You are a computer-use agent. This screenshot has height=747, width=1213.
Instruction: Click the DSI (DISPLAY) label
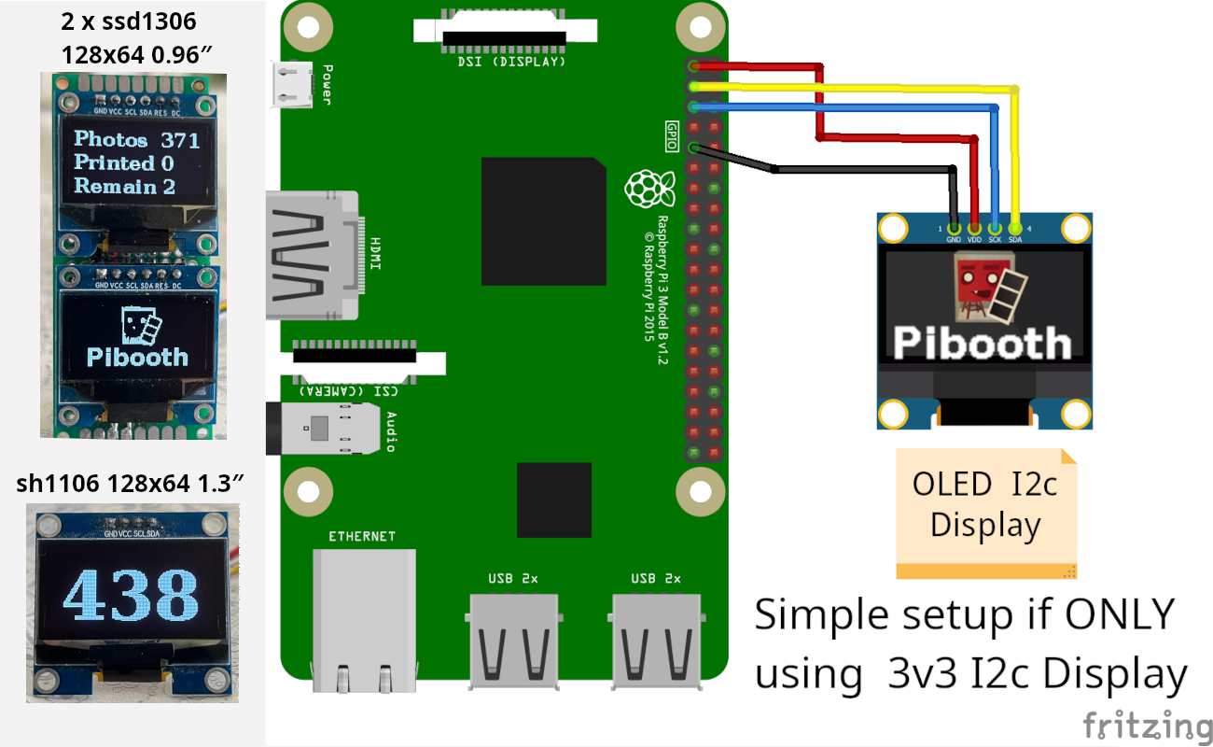(x=510, y=63)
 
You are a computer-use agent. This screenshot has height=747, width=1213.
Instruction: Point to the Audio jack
(x=327, y=430)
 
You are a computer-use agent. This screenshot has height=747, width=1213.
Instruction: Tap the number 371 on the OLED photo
(x=180, y=140)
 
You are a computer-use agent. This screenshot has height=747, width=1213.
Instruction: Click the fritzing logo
(x=1147, y=725)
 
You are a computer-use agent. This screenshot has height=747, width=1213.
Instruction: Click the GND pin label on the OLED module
(x=954, y=239)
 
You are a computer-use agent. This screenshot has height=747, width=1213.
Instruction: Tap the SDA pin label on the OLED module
(x=1015, y=239)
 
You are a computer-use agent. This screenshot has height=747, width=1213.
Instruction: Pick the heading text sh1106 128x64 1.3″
(x=131, y=484)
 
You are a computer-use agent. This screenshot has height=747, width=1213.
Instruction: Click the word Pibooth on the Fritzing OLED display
(x=982, y=343)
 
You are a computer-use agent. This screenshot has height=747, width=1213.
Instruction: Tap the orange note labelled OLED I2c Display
(x=985, y=512)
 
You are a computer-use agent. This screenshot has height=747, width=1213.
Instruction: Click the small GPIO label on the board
(x=672, y=129)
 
